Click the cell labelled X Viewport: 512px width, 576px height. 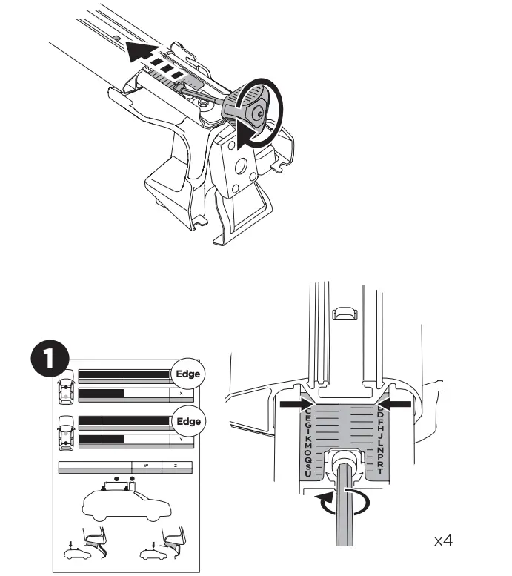181,394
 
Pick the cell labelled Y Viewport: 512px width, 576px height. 181,439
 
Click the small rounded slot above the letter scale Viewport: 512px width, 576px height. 345,313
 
